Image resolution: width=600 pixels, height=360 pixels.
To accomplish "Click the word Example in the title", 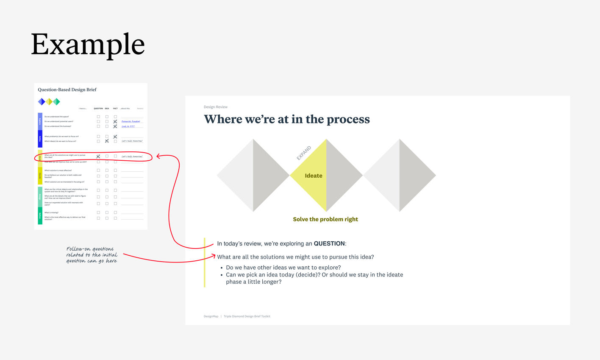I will point(88,45).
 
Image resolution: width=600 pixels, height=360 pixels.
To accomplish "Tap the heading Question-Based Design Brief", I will point(67,90).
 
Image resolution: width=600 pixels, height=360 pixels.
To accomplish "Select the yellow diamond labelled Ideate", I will point(313,176).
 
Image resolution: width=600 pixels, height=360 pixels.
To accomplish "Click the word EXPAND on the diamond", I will point(303,153).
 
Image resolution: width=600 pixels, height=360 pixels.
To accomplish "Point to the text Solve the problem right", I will point(325,219).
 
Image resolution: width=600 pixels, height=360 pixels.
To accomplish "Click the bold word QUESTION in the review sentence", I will point(329,243).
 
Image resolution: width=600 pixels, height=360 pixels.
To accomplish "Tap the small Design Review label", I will point(215,107).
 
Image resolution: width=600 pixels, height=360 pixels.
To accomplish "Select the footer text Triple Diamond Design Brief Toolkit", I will point(247,316).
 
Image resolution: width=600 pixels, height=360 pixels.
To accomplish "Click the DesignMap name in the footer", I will point(211,316).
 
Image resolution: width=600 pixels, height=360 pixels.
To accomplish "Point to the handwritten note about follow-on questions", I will point(92,255).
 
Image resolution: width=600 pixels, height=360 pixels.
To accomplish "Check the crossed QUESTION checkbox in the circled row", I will point(98,156).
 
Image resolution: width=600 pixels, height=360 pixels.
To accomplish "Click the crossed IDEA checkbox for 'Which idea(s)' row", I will point(107,141).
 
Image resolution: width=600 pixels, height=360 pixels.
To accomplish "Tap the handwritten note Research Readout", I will point(131,121).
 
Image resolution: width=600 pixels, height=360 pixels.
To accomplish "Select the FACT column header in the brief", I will point(115,109).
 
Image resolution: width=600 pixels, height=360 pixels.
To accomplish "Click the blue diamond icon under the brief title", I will point(42,101).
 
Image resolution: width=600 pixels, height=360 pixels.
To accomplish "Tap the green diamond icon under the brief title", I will point(56,101).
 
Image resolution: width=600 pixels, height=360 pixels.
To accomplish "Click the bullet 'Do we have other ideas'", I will point(283,268).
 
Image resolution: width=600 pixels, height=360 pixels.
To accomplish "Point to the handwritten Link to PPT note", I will point(128,126).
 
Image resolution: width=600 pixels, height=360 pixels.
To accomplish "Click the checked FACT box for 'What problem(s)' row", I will point(115,137).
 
